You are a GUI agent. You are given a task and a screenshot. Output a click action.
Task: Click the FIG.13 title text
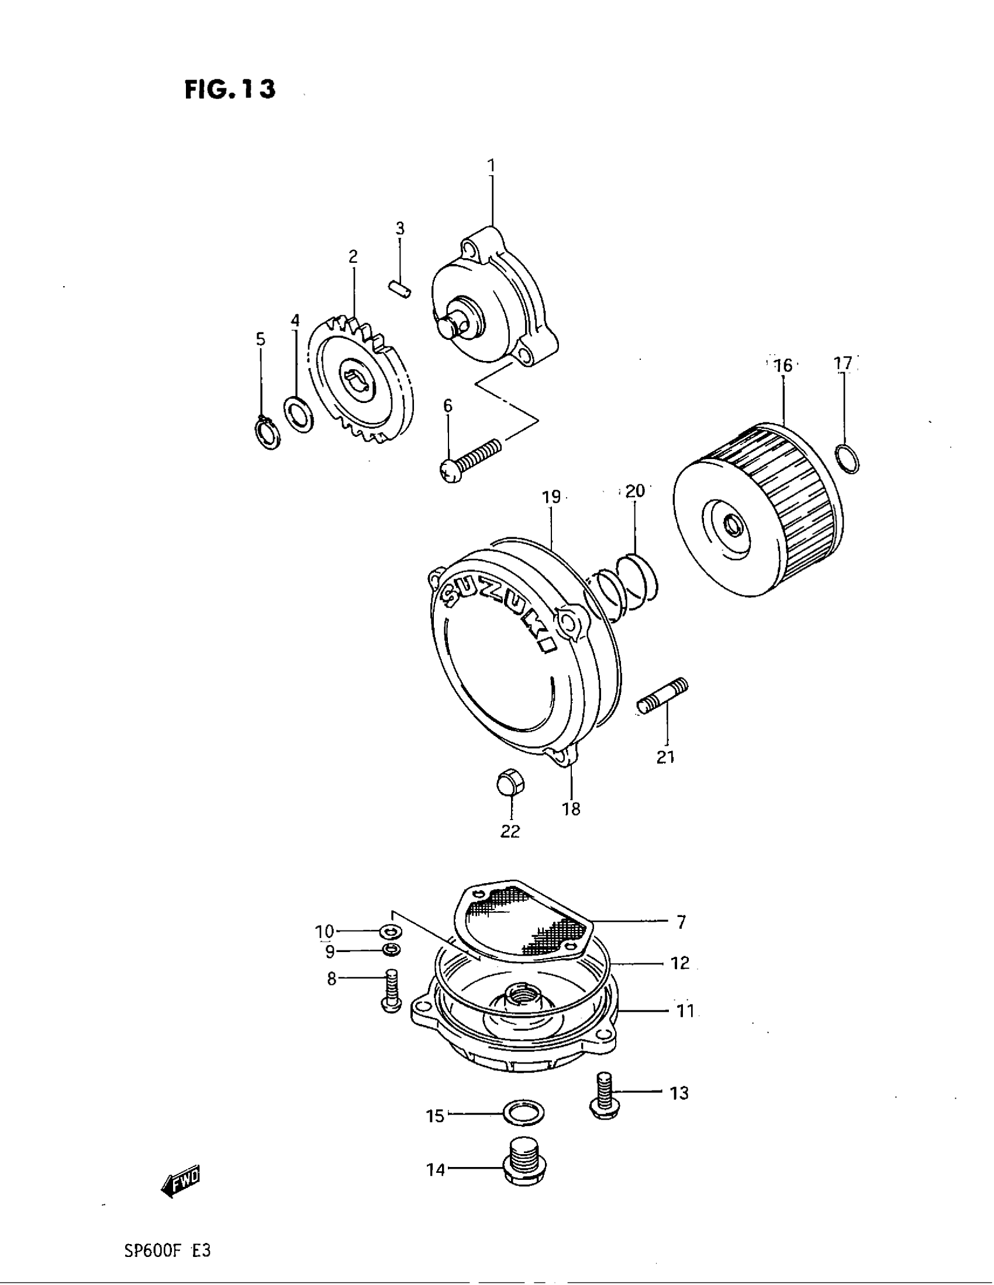(230, 89)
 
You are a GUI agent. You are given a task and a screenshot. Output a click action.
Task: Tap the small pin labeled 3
(403, 291)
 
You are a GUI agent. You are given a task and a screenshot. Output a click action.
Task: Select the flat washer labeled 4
(299, 414)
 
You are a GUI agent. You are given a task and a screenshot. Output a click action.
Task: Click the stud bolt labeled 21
(663, 697)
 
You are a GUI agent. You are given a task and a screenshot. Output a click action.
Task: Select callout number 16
(783, 366)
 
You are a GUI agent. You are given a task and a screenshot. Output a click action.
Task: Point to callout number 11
(684, 1012)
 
